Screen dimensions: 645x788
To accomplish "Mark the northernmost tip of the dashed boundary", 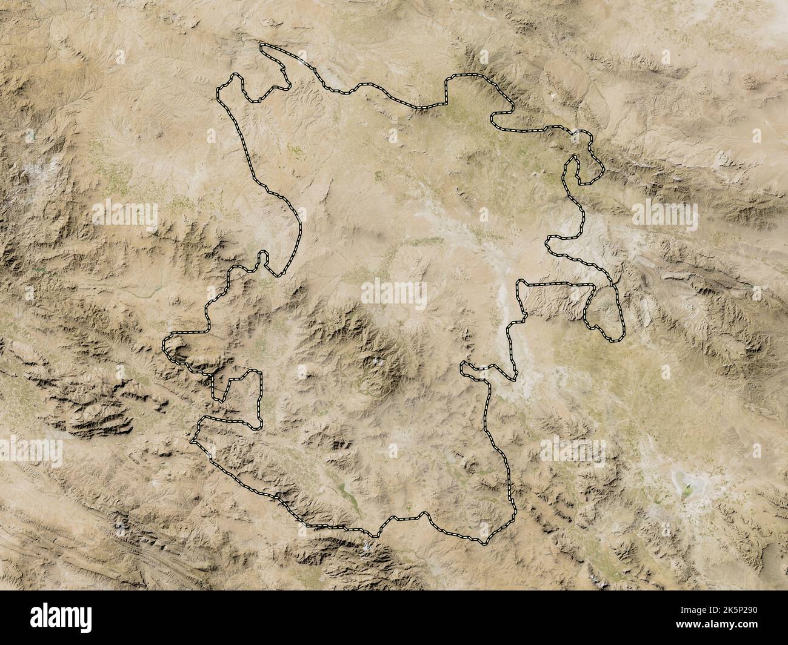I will tap(261, 45).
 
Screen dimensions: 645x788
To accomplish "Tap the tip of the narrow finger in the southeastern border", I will tap(462, 365).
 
